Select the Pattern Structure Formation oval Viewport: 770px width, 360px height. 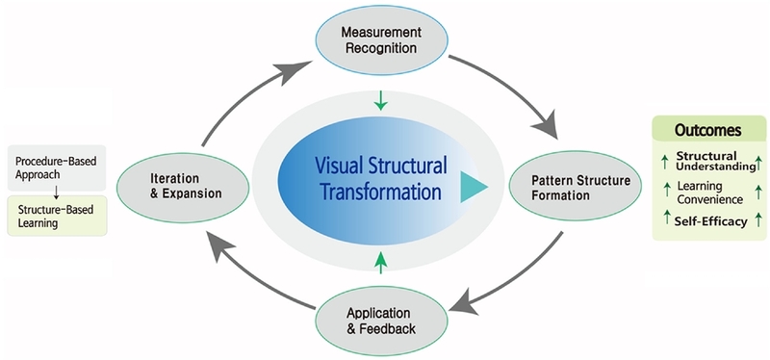point(575,187)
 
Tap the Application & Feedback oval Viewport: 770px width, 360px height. point(381,321)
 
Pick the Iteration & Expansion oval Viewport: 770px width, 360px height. point(183,187)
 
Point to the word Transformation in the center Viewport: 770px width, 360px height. point(380,192)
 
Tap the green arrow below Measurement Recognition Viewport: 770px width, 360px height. point(380,100)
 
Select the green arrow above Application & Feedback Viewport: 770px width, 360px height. point(380,262)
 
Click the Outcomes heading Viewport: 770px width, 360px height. point(707,131)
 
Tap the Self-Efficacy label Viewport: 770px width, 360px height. point(710,221)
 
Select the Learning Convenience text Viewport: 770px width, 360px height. point(709,193)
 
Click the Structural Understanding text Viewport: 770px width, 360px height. point(715,162)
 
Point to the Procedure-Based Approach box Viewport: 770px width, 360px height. point(57,167)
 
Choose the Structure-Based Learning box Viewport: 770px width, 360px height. point(57,216)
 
